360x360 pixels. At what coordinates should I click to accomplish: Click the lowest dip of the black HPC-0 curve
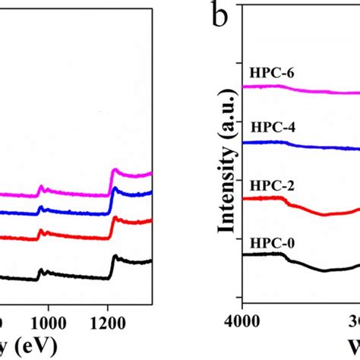click(x=325, y=270)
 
